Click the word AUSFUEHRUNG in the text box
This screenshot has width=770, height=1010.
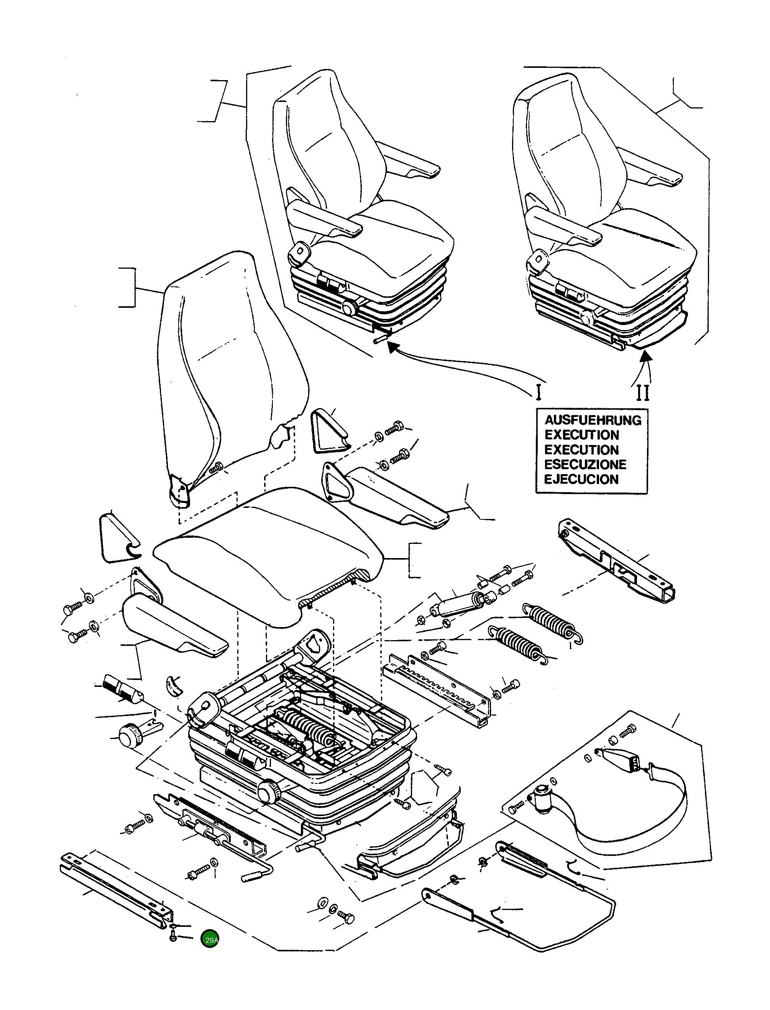pos(593,420)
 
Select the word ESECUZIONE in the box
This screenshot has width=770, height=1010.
pos(585,464)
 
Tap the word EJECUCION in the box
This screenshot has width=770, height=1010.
pos(581,480)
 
